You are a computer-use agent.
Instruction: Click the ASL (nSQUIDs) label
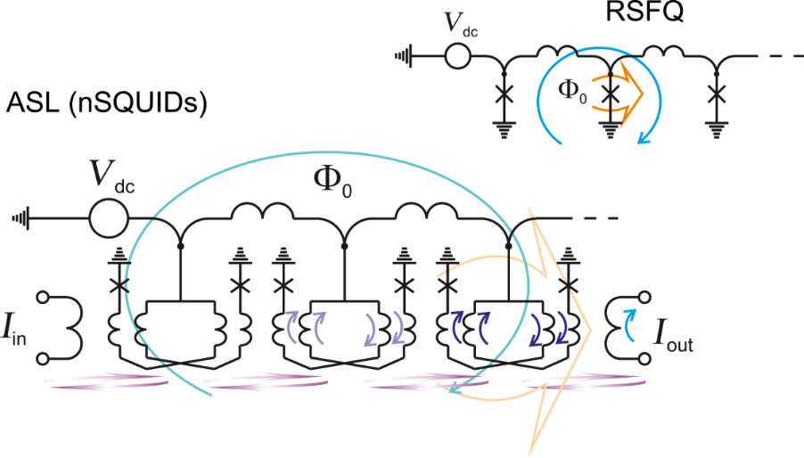pyautogui.click(x=106, y=104)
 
